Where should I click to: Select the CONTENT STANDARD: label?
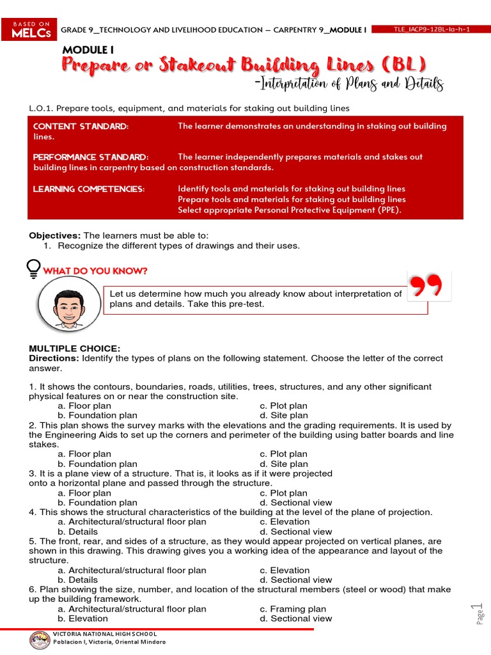(81, 126)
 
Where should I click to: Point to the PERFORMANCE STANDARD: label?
(91, 157)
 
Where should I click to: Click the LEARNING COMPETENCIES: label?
(89, 189)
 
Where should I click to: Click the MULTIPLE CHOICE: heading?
(74, 348)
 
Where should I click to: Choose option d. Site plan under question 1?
(283, 415)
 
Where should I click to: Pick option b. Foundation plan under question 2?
(97, 464)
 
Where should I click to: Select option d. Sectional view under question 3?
(295, 503)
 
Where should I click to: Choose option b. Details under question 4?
(77, 532)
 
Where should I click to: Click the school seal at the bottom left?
(40, 638)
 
